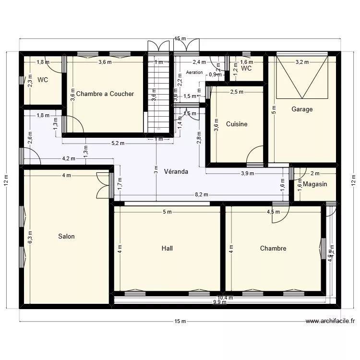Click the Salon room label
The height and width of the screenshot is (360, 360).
[x=66, y=236]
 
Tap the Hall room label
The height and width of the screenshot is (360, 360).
[x=167, y=248]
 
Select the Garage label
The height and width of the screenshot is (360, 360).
[x=302, y=109]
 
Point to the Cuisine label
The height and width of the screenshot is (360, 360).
[x=237, y=124]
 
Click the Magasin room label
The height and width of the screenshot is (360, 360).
[x=315, y=184]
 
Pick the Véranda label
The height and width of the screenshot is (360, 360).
[x=176, y=171]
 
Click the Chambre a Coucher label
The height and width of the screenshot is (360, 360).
[x=105, y=94]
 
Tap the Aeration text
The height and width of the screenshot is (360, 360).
[x=194, y=73]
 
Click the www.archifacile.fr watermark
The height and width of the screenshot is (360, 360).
[x=330, y=322]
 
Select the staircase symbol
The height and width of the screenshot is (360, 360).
[x=159, y=94]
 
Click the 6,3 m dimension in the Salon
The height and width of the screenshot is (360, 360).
[x=30, y=236]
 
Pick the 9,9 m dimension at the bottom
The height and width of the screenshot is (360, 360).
[x=220, y=302]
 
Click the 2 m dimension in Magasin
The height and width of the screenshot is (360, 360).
[x=315, y=173]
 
